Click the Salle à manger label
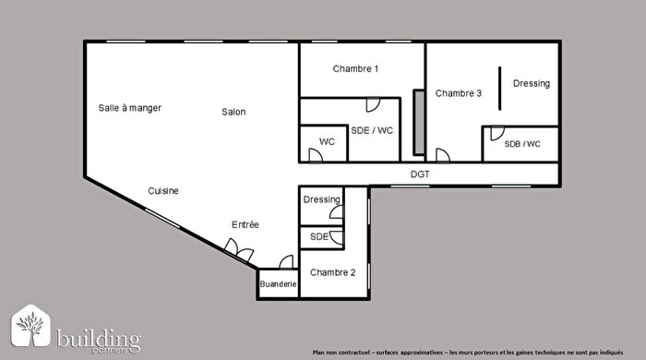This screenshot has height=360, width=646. coord(129,108)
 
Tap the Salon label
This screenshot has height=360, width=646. coord(233,113)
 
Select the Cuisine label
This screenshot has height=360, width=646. coord(163,191)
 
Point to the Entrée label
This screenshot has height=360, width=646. coord(245,225)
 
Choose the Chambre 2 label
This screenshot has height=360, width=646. coord(333,272)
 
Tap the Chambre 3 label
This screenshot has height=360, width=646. coord(459,93)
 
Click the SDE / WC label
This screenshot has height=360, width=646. coord(372,131)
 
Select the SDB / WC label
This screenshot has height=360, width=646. coord(521,145)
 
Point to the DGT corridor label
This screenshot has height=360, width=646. coord(420,174)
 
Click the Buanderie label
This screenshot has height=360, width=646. coord(278,285)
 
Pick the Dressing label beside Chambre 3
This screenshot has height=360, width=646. coord(531,84)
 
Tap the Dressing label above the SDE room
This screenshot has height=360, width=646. coord(321,199)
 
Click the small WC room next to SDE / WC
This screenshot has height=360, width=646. coord(326,143)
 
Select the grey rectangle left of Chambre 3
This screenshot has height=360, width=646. coord(419,121)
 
